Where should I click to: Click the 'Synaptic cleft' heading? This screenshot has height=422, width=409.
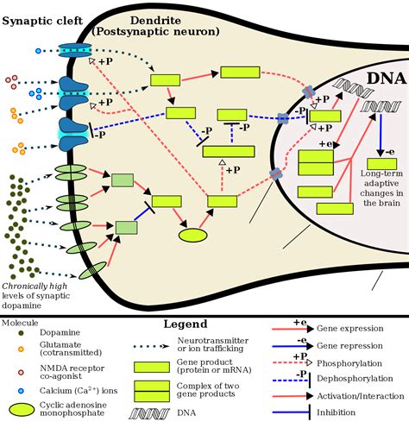(x=42, y=22)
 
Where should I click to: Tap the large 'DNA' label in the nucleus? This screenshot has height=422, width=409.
(x=387, y=78)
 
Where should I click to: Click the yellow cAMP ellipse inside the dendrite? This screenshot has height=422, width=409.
(x=193, y=236)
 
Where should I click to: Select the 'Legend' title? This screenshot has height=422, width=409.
(x=186, y=324)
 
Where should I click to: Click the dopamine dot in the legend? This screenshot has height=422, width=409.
(x=21, y=333)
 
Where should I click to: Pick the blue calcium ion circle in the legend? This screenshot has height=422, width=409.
(x=21, y=391)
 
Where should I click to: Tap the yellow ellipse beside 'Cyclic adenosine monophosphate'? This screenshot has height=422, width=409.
(x=22, y=410)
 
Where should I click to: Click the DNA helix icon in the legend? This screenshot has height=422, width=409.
(x=149, y=413)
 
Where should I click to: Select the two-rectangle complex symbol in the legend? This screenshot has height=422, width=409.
(x=152, y=391)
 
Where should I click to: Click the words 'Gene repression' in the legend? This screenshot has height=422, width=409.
(x=349, y=345)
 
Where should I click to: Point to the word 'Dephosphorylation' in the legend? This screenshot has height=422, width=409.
(x=355, y=378)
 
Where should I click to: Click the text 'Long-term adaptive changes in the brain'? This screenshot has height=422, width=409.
(x=381, y=188)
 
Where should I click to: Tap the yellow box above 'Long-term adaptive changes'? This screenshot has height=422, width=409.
(x=381, y=164)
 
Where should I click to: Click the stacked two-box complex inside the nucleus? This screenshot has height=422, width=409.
(x=316, y=163)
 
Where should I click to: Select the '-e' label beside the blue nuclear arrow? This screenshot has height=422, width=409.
(x=390, y=152)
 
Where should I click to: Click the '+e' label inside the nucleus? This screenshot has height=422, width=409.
(x=325, y=143)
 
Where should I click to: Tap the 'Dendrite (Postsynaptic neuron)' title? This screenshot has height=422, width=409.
(x=155, y=26)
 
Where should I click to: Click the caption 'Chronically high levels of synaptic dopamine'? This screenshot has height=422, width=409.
(x=35, y=296)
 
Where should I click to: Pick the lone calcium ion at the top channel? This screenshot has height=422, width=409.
(x=38, y=51)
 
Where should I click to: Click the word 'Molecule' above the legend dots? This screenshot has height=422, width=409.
(x=20, y=323)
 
